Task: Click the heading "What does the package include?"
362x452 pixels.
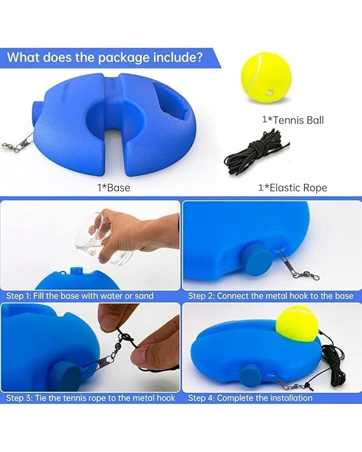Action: click(x=105, y=57)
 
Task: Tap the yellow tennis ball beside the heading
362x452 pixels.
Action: click(x=266, y=78)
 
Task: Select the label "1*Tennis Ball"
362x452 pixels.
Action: click(x=293, y=120)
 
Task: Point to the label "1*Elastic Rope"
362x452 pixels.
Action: click(x=293, y=188)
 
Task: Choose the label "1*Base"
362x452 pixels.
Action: click(x=114, y=188)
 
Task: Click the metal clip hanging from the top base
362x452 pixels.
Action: click(x=18, y=144)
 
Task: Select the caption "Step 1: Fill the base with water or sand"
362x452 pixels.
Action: click(x=80, y=296)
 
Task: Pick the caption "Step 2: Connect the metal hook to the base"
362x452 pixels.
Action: click(x=270, y=296)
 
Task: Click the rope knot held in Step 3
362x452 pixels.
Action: click(x=127, y=338)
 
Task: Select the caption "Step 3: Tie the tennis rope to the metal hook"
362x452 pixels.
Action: click(x=90, y=398)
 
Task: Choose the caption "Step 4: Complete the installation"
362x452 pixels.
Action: click(x=250, y=398)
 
